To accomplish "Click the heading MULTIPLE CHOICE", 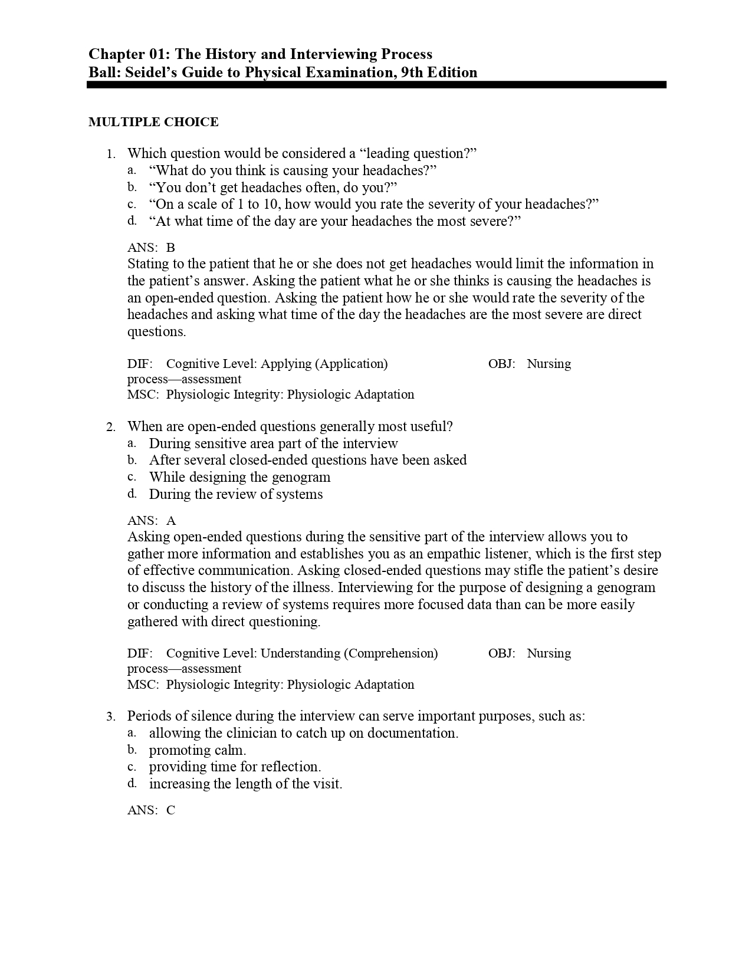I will click(153, 122).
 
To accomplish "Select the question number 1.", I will click(110, 155).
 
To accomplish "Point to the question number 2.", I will click(110, 428).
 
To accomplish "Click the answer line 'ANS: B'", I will click(151, 248).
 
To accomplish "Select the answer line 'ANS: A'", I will click(151, 521).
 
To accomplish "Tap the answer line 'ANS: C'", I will click(151, 810).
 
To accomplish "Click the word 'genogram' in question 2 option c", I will click(301, 477).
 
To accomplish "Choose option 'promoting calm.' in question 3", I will click(198, 750).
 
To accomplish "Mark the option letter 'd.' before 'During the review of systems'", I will click(132, 494).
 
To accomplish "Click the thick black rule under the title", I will click(376, 85).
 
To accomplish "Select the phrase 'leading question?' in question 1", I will click(421, 153).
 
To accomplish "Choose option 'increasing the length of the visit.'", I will click(245, 784).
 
